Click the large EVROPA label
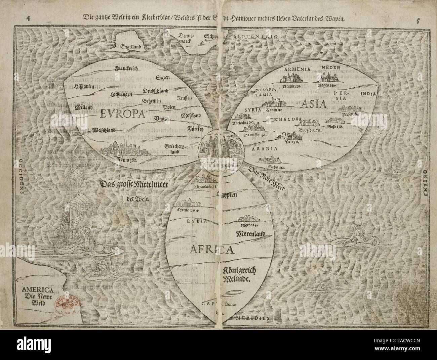click(x=122, y=114)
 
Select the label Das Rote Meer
click(x=267, y=178)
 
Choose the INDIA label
click(x=368, y=94)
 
